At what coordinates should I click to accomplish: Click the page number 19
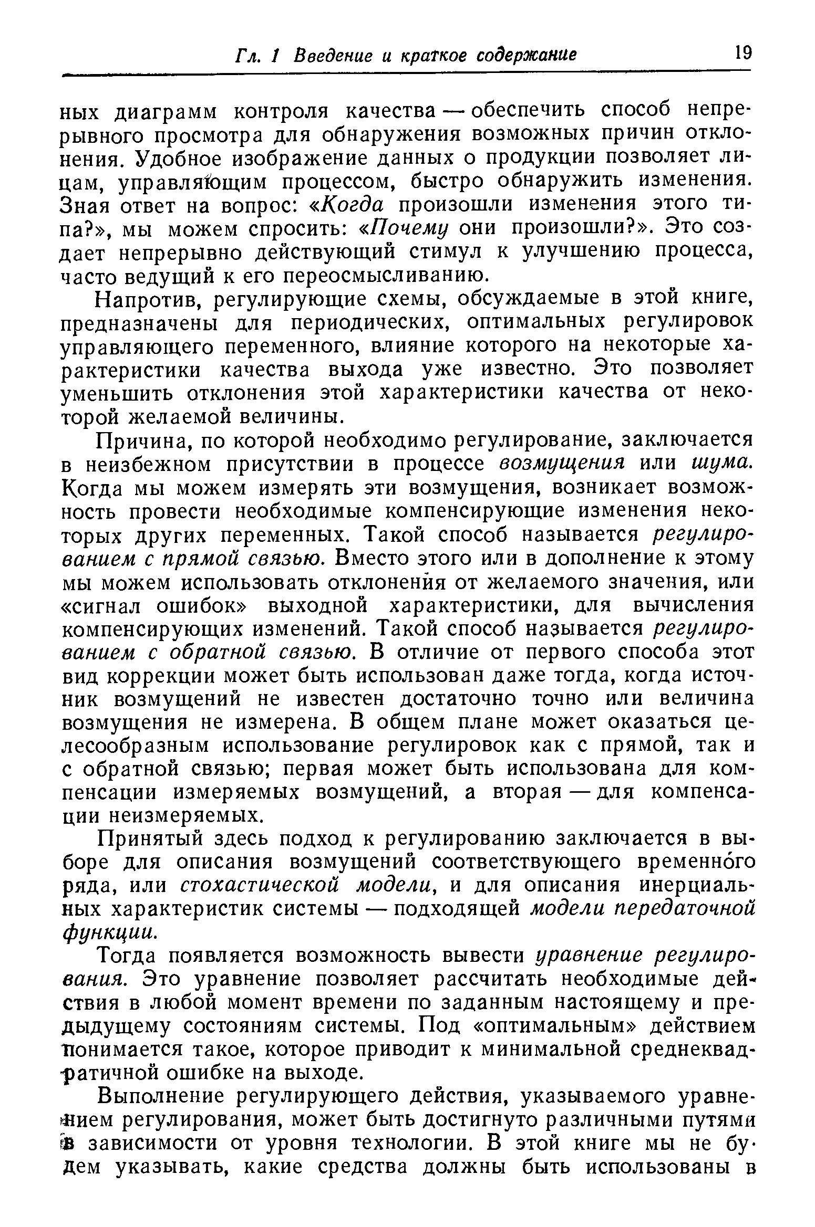(x=743, y=54)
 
